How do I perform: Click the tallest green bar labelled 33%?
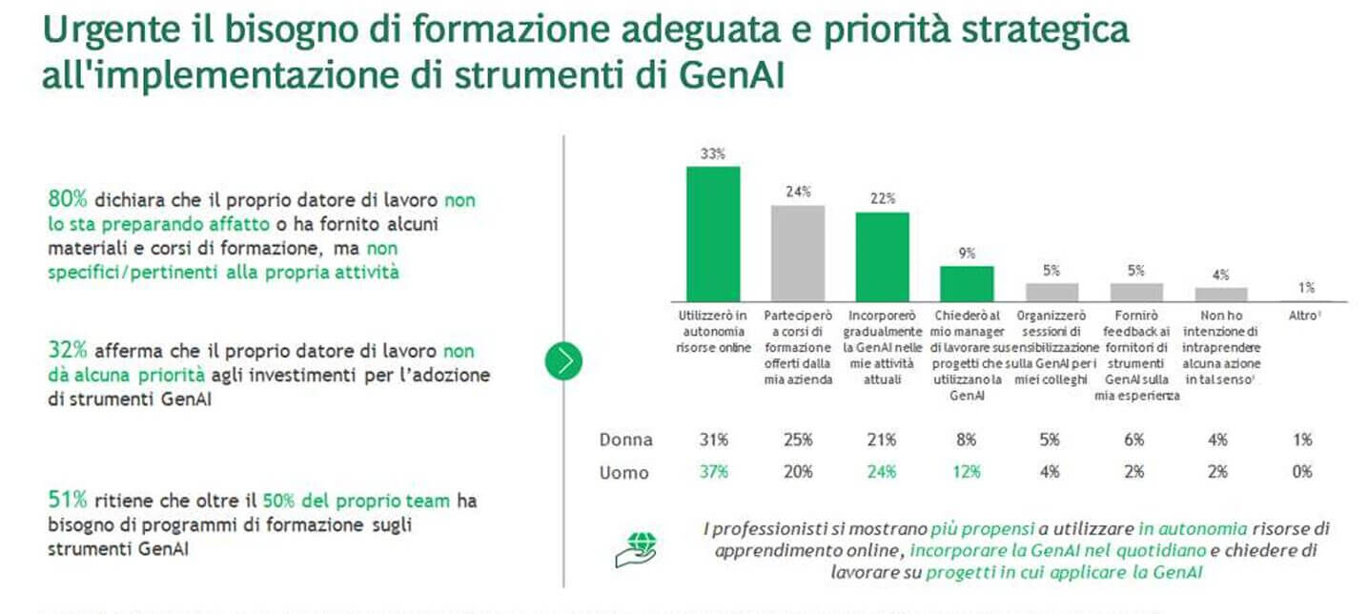click(x=713, y=234)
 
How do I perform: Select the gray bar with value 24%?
click(x=798, y=253)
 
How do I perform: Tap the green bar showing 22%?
click(x=882, y=256)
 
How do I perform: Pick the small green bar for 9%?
click(x=967, y=283)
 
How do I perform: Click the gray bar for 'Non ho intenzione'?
click(x=1220, y=295)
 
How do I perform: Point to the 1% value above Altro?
click(x=1305, y=287)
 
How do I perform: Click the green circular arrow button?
click(x=563, y=361)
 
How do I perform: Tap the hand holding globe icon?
click(x=635, y=550)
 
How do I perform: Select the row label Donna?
click(x=626, y=440)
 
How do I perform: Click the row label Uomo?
click(x=624, y=472)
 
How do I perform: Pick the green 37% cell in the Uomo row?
click(x=713, y=472)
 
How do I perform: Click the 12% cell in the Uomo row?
click(x=967, y=472)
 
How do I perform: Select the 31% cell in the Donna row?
click(x=713, y=440)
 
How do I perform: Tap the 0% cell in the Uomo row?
click(x=1303, y=472)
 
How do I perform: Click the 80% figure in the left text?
click(x=68, y=199)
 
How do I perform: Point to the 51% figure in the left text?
click(x=68, y=500)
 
